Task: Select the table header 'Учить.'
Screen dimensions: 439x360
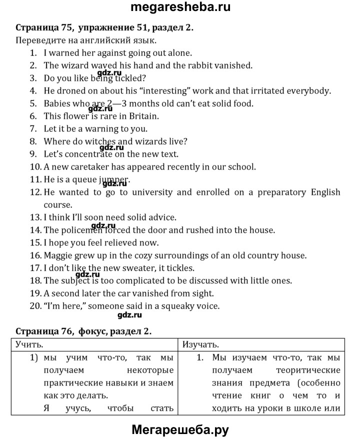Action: pos(29,344)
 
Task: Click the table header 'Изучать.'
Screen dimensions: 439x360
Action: pos(200,344)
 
